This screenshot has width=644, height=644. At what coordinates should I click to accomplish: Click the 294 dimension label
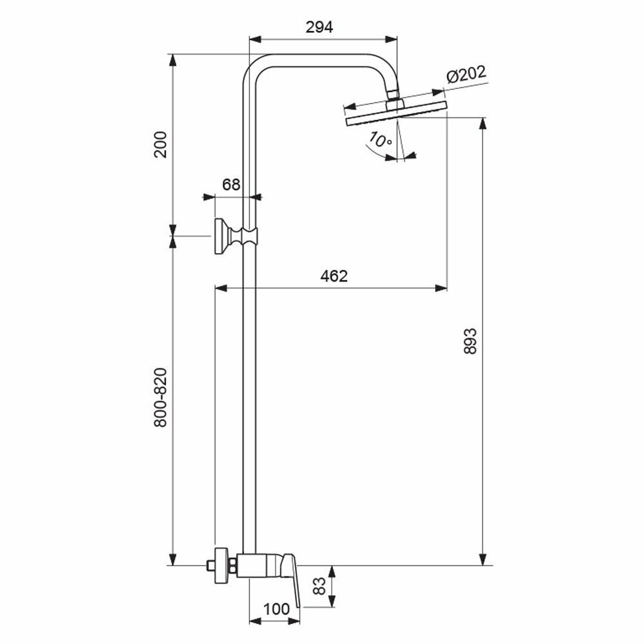pos(320,27)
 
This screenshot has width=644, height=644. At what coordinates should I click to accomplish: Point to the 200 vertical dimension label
pos(161,144)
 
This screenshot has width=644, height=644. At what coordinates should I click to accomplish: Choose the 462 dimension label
pos(334,276)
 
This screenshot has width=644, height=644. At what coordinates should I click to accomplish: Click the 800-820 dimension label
pos(161,397)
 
